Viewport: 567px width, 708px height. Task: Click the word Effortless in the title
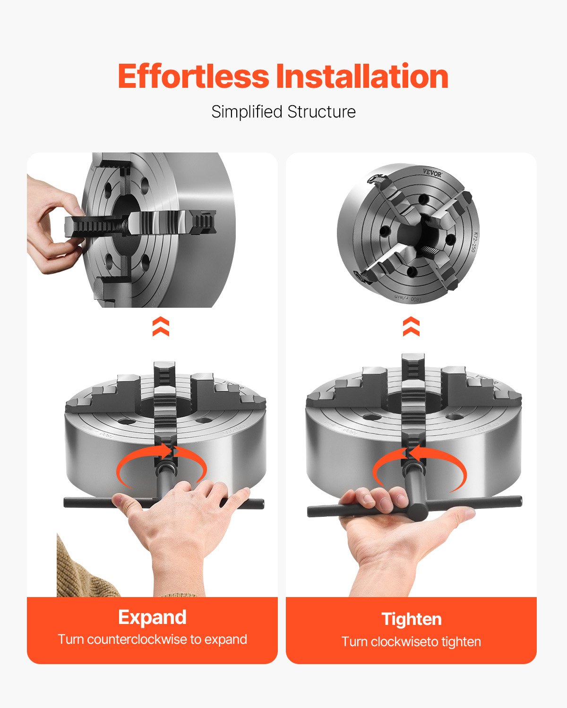point(193,76)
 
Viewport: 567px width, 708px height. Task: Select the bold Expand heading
point(152,617)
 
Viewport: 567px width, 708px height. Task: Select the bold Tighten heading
point(412,619)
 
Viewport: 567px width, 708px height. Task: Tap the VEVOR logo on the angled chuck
point(432,173)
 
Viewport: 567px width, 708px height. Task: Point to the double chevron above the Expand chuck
point(161,327)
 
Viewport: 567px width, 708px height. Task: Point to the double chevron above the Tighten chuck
point(411,327)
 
